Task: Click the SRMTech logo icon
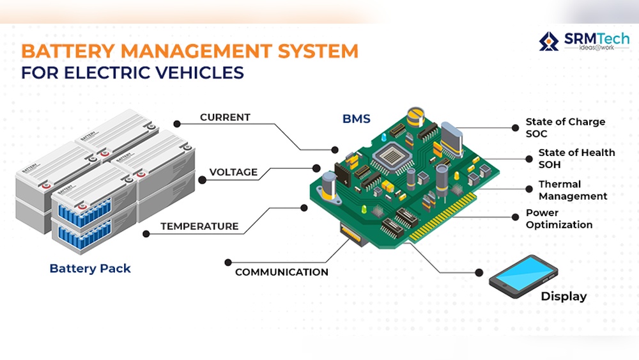[x=548, y=41]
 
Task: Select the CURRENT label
[x=225, y=118]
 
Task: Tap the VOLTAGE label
[x=233, y=172]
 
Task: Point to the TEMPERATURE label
[x=199, y=226]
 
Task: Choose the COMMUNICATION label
[x=281, y=272]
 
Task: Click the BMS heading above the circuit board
[x=356, y=119]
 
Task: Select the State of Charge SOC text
[x=565, y=127]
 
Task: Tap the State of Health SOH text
[x=576, y=158]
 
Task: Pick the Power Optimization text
[x=559, y=219]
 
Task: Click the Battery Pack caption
[x=90, y=269]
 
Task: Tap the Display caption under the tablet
[x=564, y=297]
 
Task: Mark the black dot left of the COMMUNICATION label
[x=228, y=262]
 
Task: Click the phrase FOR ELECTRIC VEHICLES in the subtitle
[x=132, y=72]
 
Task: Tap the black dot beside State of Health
[x=530, y=159]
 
